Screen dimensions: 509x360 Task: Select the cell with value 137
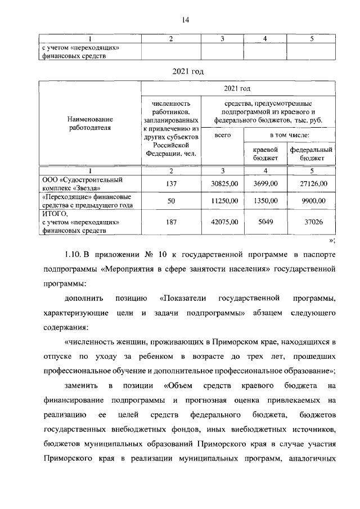(170, 184)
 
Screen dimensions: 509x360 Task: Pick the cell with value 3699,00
(264, 184)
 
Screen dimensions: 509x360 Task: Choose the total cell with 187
(170, 222)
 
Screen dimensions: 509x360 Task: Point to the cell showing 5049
(264, 222)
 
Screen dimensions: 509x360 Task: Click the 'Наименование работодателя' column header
(89, 123)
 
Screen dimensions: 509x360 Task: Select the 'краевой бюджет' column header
(265, 154)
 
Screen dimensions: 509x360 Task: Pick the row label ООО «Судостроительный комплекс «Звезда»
(83, 184)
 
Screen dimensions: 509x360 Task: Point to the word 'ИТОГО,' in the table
(54, 214)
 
